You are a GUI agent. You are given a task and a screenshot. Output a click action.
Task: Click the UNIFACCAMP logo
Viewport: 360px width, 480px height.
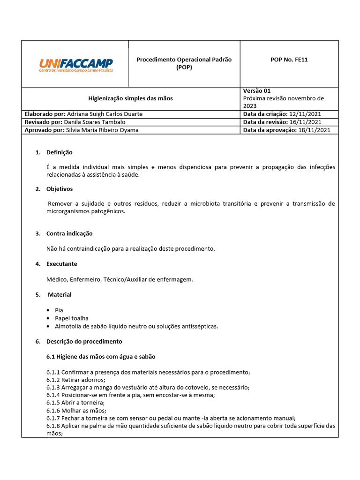(x=76, y=65)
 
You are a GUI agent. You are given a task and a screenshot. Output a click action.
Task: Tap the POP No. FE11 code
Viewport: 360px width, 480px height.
(x=289, y=60)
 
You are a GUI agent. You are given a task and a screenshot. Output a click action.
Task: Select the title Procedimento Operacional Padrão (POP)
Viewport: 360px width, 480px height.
(x=184, y=63)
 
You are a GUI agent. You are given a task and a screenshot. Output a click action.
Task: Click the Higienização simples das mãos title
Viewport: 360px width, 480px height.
(x=131, y=98)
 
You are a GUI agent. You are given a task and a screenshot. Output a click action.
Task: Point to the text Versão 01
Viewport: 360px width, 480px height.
(x=257, y=91)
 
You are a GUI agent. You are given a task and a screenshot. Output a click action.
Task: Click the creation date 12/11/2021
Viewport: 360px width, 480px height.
(x=305, y=114)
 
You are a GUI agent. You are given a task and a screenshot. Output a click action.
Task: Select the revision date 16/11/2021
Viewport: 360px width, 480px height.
(x=305, y=122)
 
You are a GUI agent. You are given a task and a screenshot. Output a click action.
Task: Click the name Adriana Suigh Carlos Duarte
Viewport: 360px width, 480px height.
(x=105, y=114)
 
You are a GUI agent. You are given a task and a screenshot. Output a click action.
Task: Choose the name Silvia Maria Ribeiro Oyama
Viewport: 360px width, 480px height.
(x=103, y=130)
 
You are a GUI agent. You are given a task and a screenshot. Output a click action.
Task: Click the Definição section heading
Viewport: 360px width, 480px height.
(x=59, y=152)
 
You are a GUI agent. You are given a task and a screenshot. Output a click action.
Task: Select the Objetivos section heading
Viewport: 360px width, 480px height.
(x=60, y=189)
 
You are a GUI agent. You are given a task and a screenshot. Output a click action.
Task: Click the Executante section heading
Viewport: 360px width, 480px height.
(x=62, y=264)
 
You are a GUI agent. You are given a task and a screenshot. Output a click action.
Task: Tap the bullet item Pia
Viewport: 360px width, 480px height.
(x=59, y=310)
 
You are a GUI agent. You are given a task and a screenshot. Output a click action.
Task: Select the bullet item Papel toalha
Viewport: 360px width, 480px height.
(x=71, y=318)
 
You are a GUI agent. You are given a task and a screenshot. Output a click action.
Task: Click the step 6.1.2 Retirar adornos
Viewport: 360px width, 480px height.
(x=76, y=380)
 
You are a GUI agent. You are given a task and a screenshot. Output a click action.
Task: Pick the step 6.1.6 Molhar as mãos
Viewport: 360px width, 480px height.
(x=76, y=410)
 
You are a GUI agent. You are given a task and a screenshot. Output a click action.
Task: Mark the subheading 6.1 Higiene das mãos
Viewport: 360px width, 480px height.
(x=101, y=357)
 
